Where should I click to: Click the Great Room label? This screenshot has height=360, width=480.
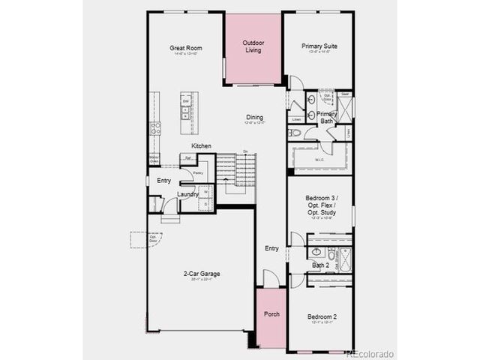point(187,49)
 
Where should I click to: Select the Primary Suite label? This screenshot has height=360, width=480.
point(319,46)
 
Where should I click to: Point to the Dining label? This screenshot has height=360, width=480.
point(254,117)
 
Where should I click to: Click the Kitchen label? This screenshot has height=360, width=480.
point(201,145)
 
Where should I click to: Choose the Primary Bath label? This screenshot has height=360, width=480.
point(326,117)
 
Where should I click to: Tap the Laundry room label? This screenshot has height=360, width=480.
point(187,194)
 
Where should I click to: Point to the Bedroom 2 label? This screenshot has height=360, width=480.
point(322,317)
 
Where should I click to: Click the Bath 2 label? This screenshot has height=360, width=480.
point(320,265)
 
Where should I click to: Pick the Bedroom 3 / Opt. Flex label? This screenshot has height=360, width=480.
point(321,205)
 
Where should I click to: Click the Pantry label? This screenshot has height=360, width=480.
point(198,173)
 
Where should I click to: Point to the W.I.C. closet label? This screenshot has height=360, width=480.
point(318,158)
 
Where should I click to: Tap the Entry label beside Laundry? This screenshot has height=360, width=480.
point(163,181)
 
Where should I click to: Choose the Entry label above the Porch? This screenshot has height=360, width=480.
point(271,248)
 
